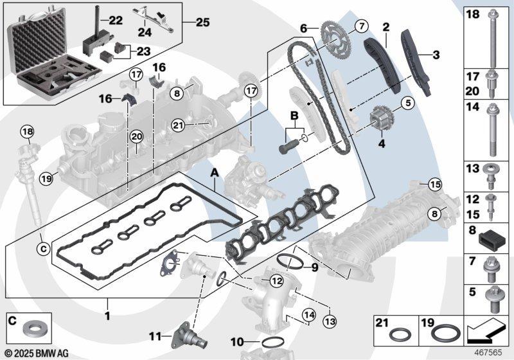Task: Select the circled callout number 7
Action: click(x=359, y=26)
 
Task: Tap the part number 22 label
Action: click(x=115, y=21)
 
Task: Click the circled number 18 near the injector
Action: click(x=26, y=132)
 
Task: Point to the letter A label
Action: click(x=215, y=173)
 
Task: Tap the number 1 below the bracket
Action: click(x=108, y=316)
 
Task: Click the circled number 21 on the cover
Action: click(x=179, y=124)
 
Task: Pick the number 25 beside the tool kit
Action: click(x=202, y=21)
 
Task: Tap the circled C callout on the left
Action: click(x=43, y=246)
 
